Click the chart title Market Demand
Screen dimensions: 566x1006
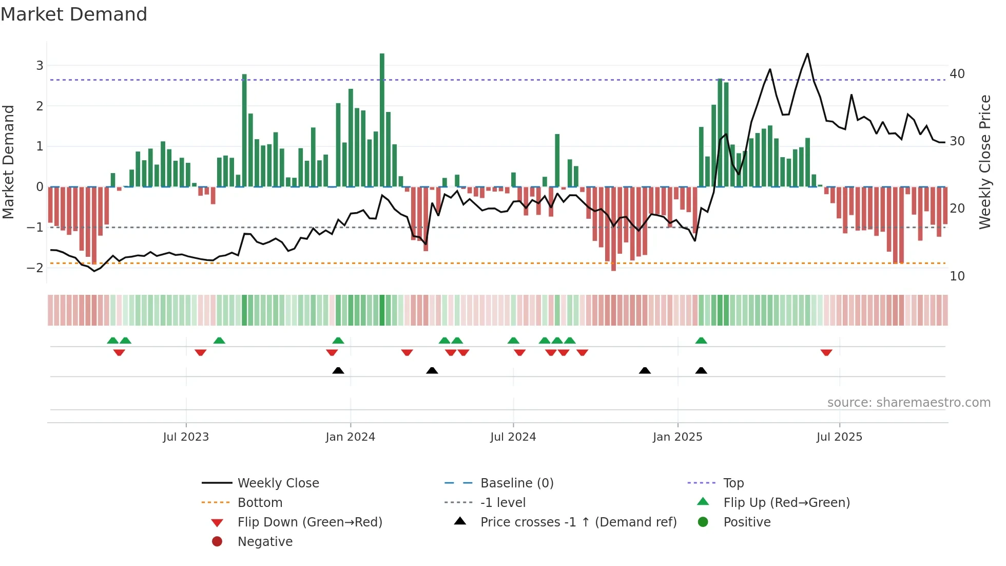coord(74,14)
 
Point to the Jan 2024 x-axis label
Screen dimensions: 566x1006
coord(350,437)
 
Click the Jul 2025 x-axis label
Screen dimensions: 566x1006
coord(839,437)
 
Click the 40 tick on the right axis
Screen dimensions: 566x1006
coord(957,74)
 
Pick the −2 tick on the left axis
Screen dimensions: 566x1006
coord(35,268)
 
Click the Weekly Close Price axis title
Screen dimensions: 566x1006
coord(984,162)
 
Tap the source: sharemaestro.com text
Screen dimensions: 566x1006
coord(908,403)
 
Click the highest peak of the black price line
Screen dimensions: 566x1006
coord(807,54)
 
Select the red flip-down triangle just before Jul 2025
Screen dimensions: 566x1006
coord(826,352)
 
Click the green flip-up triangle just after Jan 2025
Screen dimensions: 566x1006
coord(701,341)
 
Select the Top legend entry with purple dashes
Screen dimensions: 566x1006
coord(733,483)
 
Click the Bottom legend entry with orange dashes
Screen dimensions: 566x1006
coord(260,502)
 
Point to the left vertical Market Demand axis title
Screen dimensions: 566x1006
coord(9,162)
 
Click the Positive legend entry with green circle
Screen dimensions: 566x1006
coord(746,522)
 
